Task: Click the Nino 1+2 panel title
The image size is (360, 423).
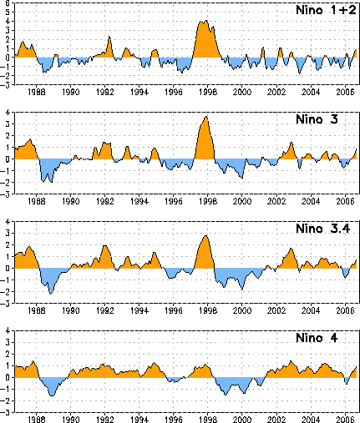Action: coord(326,10)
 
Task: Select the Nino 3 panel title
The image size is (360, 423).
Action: coord(317,119)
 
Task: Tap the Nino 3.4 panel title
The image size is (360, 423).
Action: coord(323,229)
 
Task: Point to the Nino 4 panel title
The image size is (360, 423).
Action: coord(317,338)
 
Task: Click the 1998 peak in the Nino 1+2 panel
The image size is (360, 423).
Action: coord(206,21)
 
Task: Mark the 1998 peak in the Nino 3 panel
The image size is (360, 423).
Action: coord(206,117)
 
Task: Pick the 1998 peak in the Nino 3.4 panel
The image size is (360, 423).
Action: coord(205,235)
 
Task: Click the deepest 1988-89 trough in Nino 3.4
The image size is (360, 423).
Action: coord(51,294)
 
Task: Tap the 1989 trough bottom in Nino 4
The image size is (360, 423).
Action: coord(52,395)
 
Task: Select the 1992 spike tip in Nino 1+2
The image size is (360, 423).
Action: coord(109,36)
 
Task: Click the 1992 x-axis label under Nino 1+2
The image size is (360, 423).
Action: coord(105,93)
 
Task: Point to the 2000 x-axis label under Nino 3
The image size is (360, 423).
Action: coord(242,201)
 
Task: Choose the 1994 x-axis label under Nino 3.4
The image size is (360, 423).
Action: coord(139,310)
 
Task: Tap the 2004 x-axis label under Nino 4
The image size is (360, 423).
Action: coord(311,420)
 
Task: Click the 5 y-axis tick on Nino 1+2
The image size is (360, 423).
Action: coord(8,12)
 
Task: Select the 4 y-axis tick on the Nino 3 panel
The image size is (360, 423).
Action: coord(8,112)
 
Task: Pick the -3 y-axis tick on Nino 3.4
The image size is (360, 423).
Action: coord(6,303)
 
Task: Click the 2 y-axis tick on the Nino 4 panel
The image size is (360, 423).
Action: coord(8,354)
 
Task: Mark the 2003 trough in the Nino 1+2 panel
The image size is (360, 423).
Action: coord(300,73)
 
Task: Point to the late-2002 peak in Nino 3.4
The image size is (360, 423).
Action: coord(291,249)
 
